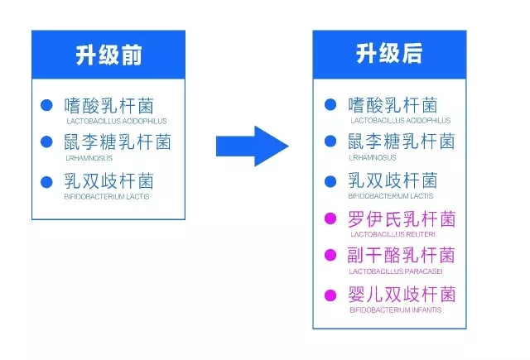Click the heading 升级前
point(108,55)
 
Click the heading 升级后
point(389,53)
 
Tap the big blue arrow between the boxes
point(253,146)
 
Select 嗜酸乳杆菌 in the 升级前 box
point(108,106)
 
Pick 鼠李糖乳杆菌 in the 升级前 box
point(118,142)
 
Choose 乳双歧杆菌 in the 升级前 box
point(108,181)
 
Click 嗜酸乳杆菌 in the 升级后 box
point(393,105)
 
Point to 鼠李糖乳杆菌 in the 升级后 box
point(402,142)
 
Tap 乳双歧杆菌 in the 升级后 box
point(393,180)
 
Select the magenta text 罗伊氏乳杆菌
point(402,218)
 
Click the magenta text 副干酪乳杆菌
point(401,255)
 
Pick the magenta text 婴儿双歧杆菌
point(402,294)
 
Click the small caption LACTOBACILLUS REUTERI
point(393,234)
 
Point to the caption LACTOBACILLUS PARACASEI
point(396,271)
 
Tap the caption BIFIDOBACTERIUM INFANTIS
point(396,310)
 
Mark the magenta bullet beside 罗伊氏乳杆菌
point(330,218)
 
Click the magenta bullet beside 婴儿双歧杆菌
point(330,295)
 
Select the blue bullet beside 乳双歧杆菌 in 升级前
point(46,182)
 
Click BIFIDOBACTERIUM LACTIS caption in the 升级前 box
point(107,196)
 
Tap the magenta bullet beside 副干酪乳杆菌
point(330,255)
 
